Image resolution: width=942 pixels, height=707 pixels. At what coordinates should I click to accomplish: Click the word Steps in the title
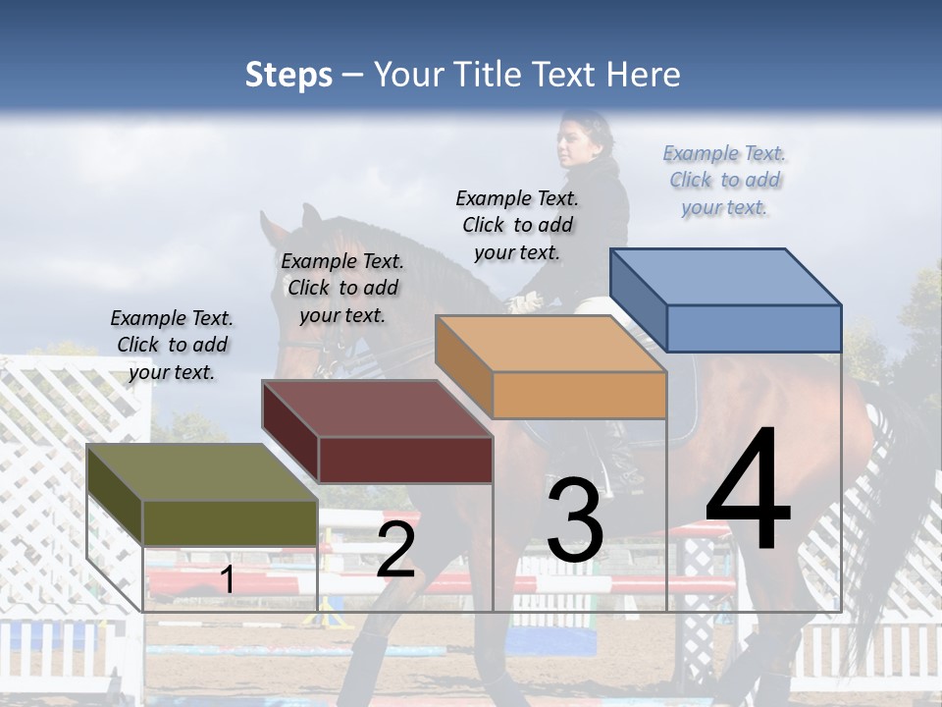pyautogui.click(x=288, y=76)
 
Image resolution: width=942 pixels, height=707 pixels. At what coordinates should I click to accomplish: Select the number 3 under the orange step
pyautogui.click(x=575, y=520)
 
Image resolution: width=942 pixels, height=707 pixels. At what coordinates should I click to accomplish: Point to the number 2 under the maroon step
pyautogui.click(x=395, y=551)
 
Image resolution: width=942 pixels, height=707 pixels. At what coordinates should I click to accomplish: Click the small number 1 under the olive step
pyautogui.click(x=227, y=579)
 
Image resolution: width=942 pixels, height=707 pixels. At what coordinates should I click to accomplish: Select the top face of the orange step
pyautogui.click(x=550, y=344)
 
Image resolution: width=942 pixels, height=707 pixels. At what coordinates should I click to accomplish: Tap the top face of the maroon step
pyautogui.click(x=376, y=408)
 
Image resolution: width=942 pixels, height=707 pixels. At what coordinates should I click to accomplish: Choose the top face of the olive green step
pyautogui.click(x=202, y=472)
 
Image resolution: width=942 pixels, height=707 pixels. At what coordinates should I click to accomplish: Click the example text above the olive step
pyautogui.click(x=172, y=345)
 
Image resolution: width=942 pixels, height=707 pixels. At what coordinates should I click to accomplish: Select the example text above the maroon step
pyautogui.click(x=342, y=288)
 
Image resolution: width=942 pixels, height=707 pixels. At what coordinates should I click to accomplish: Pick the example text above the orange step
pyautogui.click(x=517, y=225)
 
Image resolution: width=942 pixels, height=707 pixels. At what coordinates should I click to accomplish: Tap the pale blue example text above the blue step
pyautogui.click(x=724, y=180)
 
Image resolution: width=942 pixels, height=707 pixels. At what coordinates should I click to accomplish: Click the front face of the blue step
pyautogui.click(x=754, y=328)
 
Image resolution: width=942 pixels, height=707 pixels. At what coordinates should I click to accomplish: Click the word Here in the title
pyautogui.click(x=644, y=75)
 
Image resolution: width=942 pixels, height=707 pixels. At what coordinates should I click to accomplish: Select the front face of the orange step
pyautogui.click(x=579, y=396)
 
